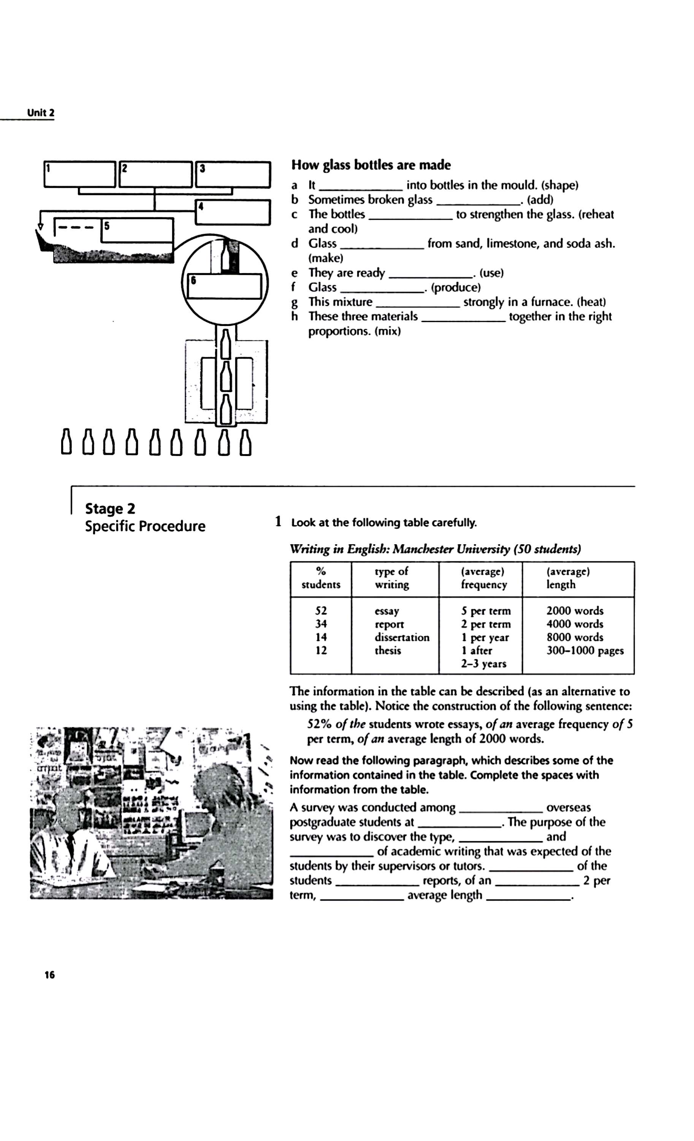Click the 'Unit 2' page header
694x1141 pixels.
41,113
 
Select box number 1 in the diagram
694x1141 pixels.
79,174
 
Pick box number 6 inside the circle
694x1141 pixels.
224,286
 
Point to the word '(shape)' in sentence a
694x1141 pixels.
559,185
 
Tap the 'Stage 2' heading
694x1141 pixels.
110,508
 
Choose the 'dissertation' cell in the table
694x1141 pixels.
402,637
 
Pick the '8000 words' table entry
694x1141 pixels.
575,637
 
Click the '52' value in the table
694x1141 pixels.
321,611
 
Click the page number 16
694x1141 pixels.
49,975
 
